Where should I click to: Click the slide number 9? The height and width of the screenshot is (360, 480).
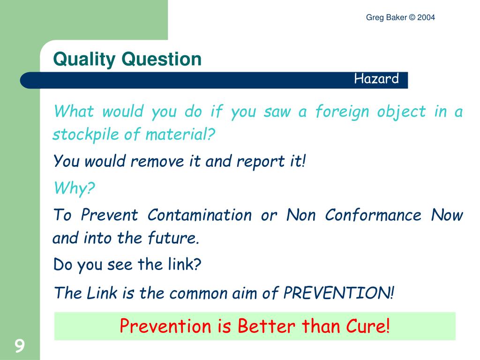pyautogui.click(x=19, y=346)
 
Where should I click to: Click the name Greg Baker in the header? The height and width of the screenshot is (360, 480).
pyautogui.click(x=387, y=18)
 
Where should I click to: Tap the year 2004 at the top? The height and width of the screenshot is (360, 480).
pyautogui.click(x=427, y=18)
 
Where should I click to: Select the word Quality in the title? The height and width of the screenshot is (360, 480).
pyautogui.click(x=84, y=60)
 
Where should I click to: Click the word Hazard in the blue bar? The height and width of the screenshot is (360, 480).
pyautogui.click(x=376, y=79)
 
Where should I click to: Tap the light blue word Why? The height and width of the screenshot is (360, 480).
pyautogui.click(x=74, y=188)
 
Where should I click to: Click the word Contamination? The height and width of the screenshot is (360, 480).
pyautogui.click(x=200, y=215)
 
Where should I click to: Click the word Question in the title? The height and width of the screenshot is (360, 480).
pyautogui.click(x=161, y=60)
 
